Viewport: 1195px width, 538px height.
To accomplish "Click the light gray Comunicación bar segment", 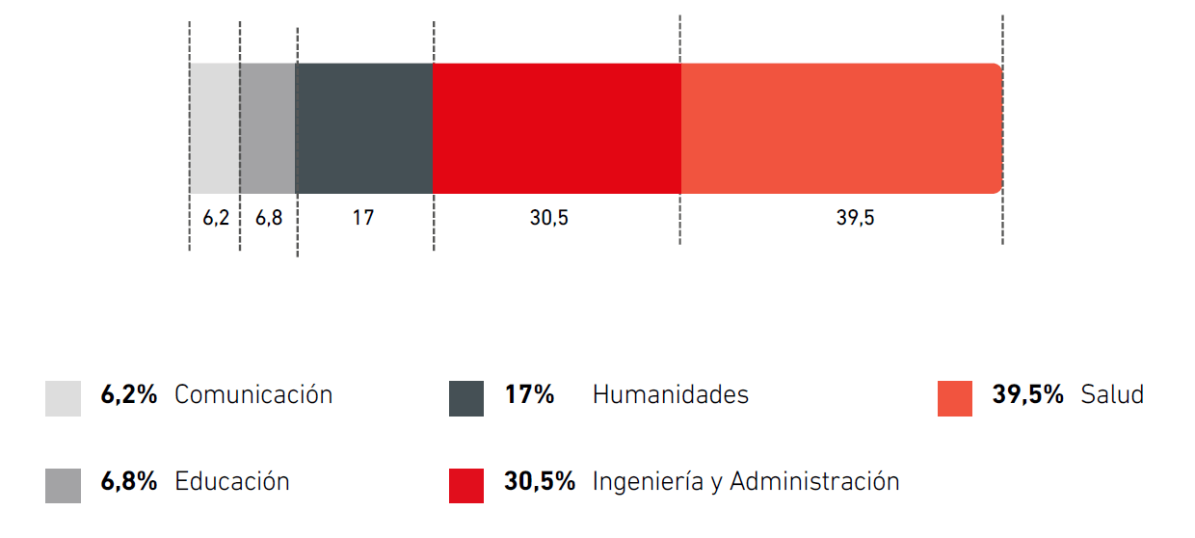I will tap(214, 128).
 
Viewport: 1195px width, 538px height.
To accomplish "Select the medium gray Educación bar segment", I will tap(268, 128).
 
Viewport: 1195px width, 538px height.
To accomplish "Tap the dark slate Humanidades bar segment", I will tap(364, 128).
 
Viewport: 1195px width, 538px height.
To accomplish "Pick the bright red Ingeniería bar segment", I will tap(557, 128).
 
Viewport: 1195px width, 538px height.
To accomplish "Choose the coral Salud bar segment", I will tap(841, 128).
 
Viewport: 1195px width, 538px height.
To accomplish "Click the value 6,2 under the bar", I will tap(216, 218).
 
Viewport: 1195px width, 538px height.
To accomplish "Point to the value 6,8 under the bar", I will tap(269, 218).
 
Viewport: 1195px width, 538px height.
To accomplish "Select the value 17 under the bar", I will tap(362, 218).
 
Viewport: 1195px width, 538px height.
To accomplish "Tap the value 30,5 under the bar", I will tap(548, 218).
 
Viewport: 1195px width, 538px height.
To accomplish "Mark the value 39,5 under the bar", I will tap(855, 218).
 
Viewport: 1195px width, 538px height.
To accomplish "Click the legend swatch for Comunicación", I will tap(63, 398).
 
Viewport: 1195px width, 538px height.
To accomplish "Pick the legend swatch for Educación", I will tap(63, 485).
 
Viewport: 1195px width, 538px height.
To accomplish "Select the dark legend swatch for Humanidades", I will tap(466, 398).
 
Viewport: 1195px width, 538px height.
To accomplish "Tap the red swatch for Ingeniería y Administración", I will tap(466, 485).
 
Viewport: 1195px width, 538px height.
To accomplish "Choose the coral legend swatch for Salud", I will tap(955, 398).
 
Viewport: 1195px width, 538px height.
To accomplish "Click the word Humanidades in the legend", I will tap(670, 394).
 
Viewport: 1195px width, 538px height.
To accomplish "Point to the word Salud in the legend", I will tap(1112, 394).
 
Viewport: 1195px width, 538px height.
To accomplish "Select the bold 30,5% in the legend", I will tap(540, 481).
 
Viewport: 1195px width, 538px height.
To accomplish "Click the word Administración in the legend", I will tap(814, 481).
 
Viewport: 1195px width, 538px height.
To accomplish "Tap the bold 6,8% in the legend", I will tap(129, 481).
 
